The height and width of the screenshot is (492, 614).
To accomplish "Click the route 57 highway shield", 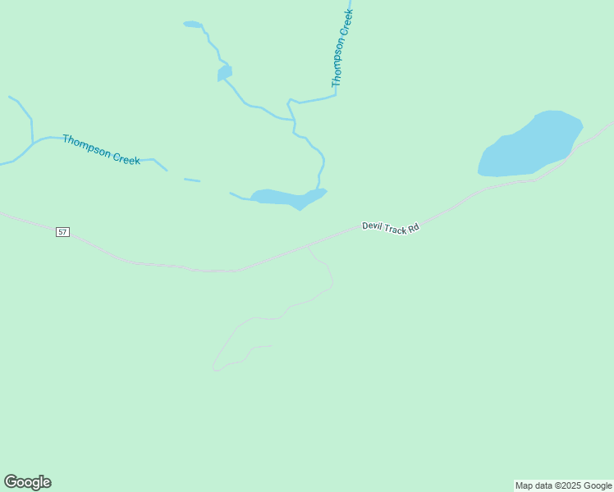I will point(63,232).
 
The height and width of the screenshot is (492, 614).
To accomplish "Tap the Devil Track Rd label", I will point(391,226).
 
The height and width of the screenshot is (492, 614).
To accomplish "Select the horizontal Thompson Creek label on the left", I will point(101,149).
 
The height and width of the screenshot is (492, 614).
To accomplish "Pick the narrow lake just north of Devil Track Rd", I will point(287,198).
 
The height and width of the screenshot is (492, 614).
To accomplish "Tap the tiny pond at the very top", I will point(192,25).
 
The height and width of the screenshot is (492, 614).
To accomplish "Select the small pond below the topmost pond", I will point(224,73).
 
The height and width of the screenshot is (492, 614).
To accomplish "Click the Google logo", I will point(28,482).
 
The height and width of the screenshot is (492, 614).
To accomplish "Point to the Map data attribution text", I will point(563,485).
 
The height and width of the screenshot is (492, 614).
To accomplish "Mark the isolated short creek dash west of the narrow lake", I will point(192,180).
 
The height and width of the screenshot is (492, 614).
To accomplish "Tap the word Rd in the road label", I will point(414,227).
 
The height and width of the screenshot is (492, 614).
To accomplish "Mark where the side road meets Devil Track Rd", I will point(307,244).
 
